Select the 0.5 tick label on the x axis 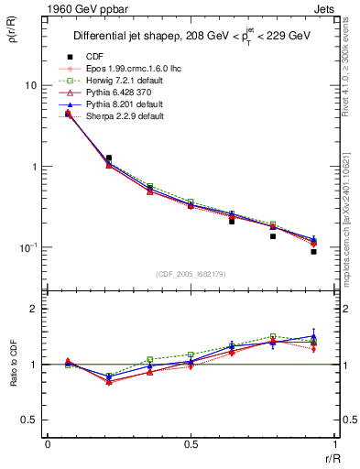tap(191, 445)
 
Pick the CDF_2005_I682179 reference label tap(192, 274)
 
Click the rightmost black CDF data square tap(313, 251)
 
